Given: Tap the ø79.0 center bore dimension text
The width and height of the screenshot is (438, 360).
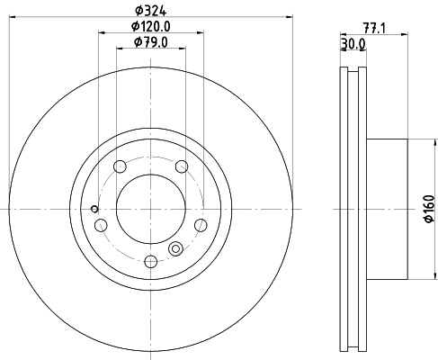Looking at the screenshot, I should [150, 41].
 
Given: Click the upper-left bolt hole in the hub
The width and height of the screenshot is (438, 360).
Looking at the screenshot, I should [119, 166].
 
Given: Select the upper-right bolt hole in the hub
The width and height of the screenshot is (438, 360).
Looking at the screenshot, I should [182, 166].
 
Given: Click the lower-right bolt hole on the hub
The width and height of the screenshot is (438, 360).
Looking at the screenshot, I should [201, 224].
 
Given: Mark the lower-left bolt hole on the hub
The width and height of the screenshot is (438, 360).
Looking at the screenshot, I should [101, 224].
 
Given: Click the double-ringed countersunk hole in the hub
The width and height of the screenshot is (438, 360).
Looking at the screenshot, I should [176, 249].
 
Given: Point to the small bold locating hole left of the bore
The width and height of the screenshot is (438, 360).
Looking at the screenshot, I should [94, 210].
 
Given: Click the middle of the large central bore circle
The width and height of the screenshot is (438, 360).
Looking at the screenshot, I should [150, 208].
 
